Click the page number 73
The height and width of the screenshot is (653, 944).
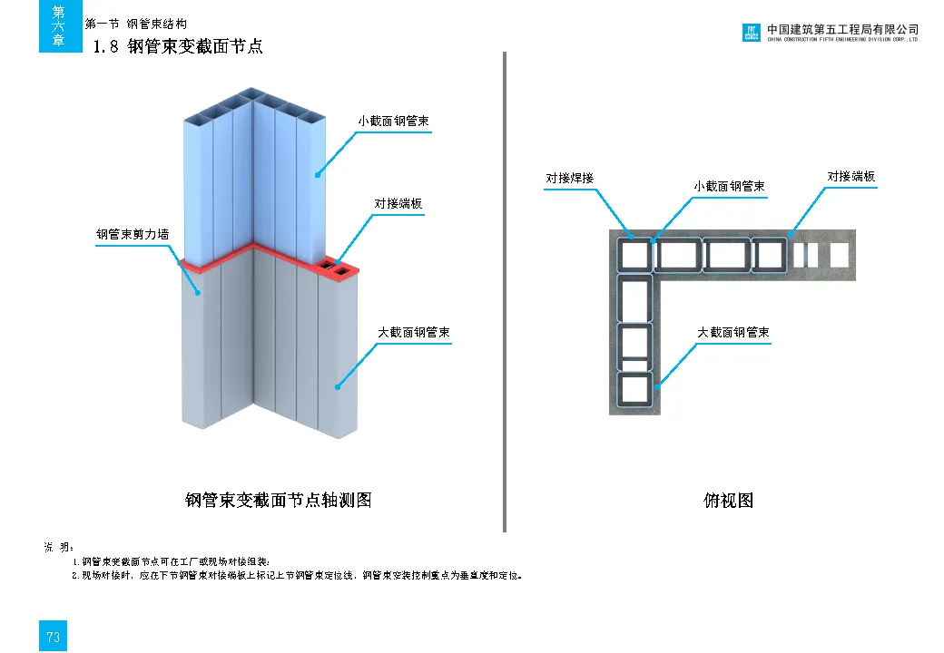pyautogui.click(x=54, y=637)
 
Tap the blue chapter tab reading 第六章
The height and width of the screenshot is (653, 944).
pyautogui.click(x=59, y=26)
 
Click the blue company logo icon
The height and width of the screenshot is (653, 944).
pyautogui.click(x=752, y=33)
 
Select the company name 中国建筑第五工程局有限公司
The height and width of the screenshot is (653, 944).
pyautogui.click(x=842, y=29)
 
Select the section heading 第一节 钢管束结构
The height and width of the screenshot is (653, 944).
pyautogui.click(x=136, y=24)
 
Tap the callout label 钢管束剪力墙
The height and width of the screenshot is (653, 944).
pyautogui.click(x=133, y=235)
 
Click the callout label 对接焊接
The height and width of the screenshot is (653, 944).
pyautogui.click(x=569, y=179)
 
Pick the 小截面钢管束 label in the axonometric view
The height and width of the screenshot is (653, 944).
pyautogui.click(x=393, y=121)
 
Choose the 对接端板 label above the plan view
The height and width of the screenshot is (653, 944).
pyautogui.click(x=851, y=177)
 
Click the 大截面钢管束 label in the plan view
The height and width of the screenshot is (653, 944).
pyautogui.click(x=733, y=333)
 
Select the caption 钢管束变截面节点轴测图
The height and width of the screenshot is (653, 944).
pyautogui.click(x=279, y=501)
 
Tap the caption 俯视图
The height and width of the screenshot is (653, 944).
pyautogui.click(x=728, y=501)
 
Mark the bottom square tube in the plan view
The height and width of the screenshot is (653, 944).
pyautogui.click(x=634, y=389)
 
